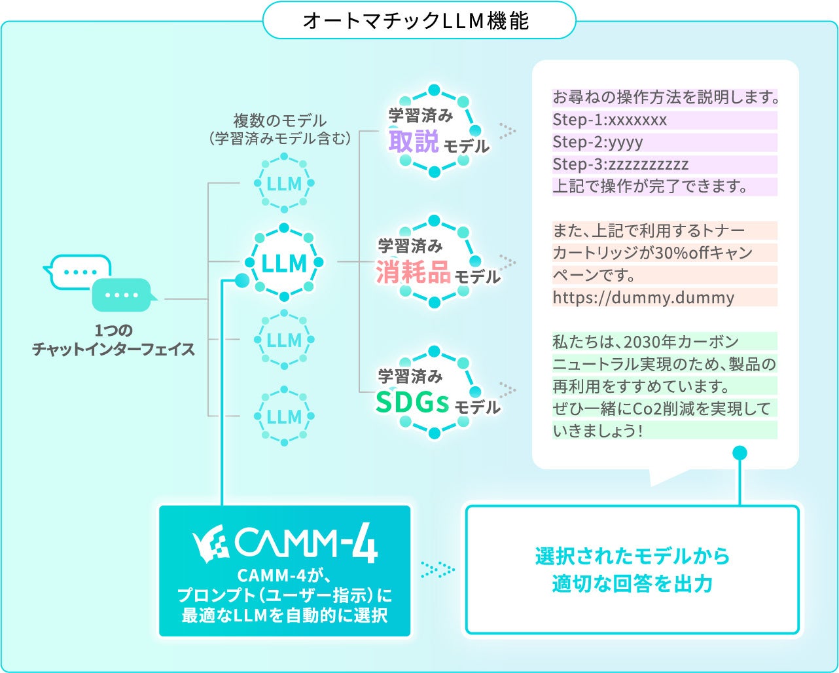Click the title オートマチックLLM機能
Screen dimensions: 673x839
[416, 21]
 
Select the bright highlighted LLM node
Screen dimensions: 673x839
[284, 264]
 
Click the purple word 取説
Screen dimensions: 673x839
[413, 141]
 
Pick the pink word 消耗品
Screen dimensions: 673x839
[413, 272]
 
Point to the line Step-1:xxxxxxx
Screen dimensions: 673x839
[610, 120]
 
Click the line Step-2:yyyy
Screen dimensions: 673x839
[598, 142]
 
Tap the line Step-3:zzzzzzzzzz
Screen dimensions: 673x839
[620, 164]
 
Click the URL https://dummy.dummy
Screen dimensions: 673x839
[643, 298]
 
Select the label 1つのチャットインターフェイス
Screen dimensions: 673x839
[114, 340]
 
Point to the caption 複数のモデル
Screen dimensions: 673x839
[280, 121]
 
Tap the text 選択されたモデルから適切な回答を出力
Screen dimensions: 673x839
[632, 570]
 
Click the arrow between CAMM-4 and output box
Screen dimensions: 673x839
[437, 570]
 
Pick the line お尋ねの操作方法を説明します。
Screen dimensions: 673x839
[665, 98]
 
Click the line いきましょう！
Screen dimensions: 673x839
[597, 431]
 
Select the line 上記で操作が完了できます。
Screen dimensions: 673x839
[650, 187]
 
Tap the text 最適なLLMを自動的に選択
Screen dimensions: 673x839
[285, 616]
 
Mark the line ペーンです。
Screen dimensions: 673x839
[594, 275]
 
